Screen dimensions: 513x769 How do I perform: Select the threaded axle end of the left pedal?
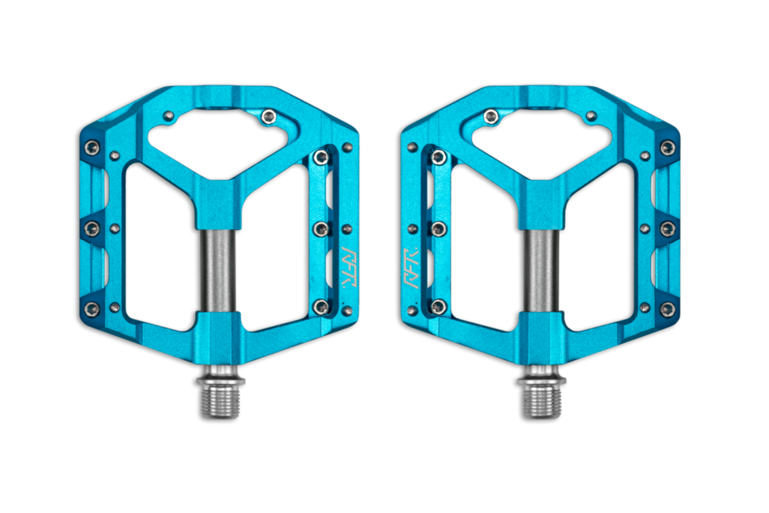click(221, 400)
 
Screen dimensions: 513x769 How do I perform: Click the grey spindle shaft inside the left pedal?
click(218, 269)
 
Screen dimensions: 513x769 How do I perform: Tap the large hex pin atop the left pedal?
click(268, 117)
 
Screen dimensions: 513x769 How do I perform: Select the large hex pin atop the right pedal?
click(491, 117)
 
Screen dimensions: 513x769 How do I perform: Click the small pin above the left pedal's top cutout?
click(168, 116)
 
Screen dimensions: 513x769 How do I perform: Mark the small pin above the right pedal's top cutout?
click(591, 116)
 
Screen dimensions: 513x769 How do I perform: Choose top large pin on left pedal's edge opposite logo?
click(92, 147)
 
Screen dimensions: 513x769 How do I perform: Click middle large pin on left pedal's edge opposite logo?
click(92, 228)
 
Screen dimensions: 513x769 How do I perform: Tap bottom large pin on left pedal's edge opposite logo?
click(92, 309)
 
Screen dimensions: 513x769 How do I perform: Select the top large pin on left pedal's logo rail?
click(321, 158)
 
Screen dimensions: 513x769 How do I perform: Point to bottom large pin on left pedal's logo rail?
click(321, 307)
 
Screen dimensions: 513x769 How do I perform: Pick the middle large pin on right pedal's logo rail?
click(438, 229)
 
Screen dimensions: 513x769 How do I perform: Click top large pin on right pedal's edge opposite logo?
click(667, 147)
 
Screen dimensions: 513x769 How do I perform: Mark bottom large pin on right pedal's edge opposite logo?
click(667, 309)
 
